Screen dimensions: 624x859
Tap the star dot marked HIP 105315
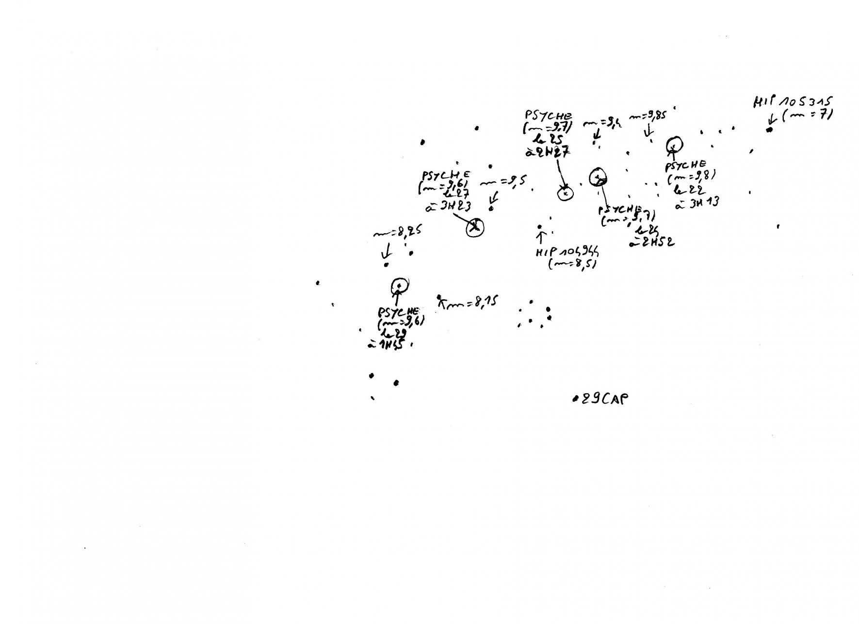(x=769, y=130)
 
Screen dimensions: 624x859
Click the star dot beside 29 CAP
(x=574, y=400)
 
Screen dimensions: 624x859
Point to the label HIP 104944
(x=567, y=252)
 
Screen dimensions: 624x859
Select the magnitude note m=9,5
(x=502, y=182)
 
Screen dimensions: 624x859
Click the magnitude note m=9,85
(x=648, y=116)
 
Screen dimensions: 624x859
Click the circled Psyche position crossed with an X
(x=475, y=227)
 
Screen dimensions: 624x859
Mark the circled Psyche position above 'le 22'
(x=674, y=144)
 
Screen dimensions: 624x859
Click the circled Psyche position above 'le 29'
(x=399, y=286)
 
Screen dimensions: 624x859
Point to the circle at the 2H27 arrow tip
(x=565, y=193)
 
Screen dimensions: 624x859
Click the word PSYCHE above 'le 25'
(x=548, y=116)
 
